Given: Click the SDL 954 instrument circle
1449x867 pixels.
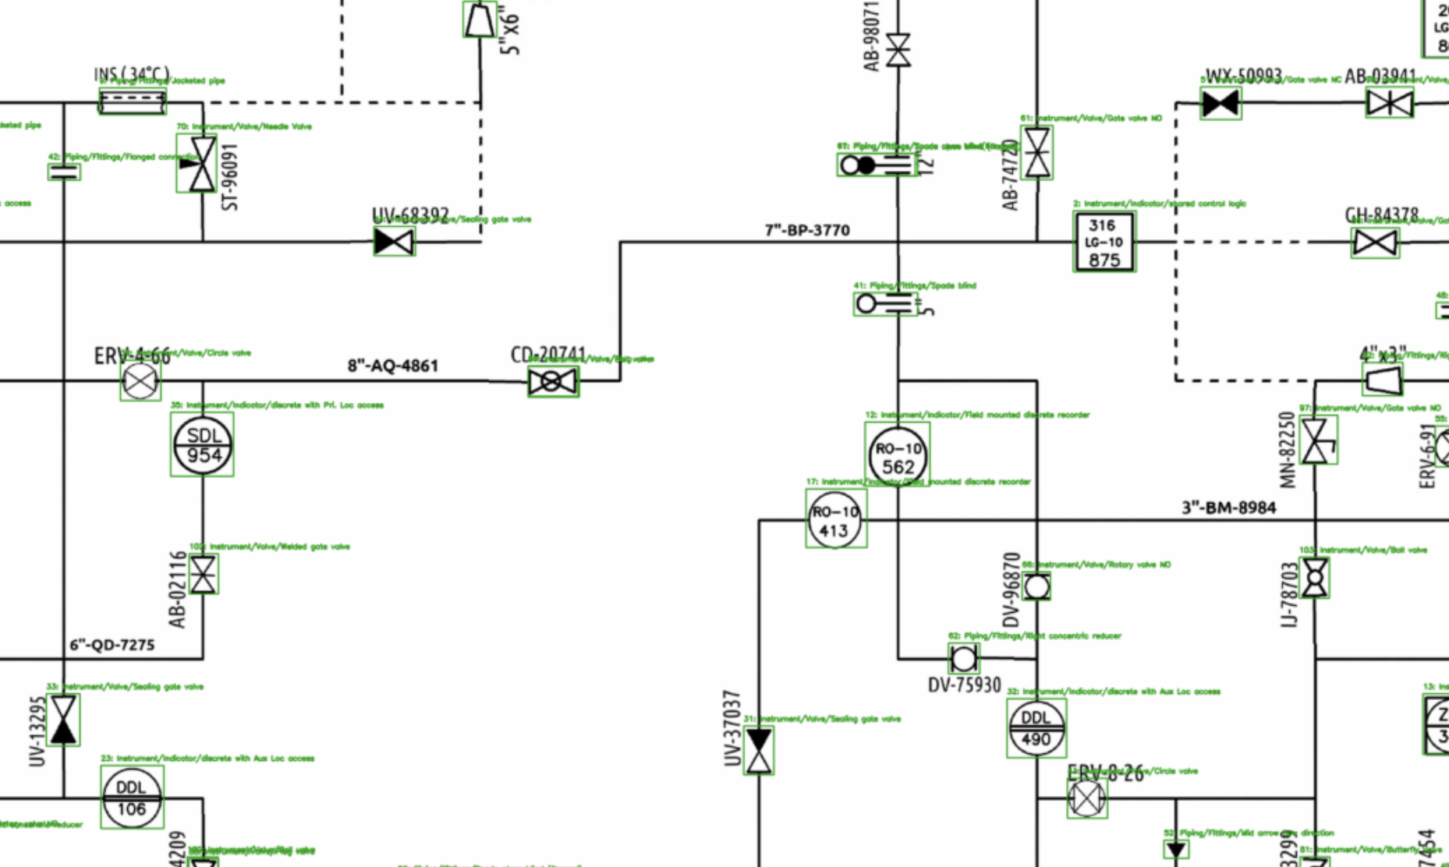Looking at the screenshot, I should (x=203, y=446).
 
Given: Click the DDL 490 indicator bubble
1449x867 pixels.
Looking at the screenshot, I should (x=1036, y=728).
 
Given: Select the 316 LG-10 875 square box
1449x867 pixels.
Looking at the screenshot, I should (x=1104, y=242).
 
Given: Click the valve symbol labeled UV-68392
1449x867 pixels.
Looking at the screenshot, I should (x=394, y=242).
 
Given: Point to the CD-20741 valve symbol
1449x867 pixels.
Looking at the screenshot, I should (x=552, y=381).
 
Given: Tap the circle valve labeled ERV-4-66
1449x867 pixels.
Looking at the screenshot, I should (x=140, y=381).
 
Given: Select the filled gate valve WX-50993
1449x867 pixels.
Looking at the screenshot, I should (x=1220, y=103).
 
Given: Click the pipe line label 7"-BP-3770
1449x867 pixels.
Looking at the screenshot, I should (x=807, y=230).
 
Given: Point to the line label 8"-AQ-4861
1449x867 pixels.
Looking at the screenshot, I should (x=392, y=366).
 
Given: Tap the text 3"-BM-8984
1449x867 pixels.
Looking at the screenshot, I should (x=1228, y=508).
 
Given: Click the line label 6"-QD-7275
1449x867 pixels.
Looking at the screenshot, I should (x=112, y=645).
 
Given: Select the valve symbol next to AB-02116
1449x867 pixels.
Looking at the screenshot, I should (x=204, y=575).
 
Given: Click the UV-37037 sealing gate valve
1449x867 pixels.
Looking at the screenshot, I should (x=759, y=750).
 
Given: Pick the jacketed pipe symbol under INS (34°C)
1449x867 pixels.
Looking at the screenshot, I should (x=133, y=101).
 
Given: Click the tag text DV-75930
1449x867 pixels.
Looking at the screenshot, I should (x=964, y=685).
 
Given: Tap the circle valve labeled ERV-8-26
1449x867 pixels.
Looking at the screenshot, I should (x=1086, y=798).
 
